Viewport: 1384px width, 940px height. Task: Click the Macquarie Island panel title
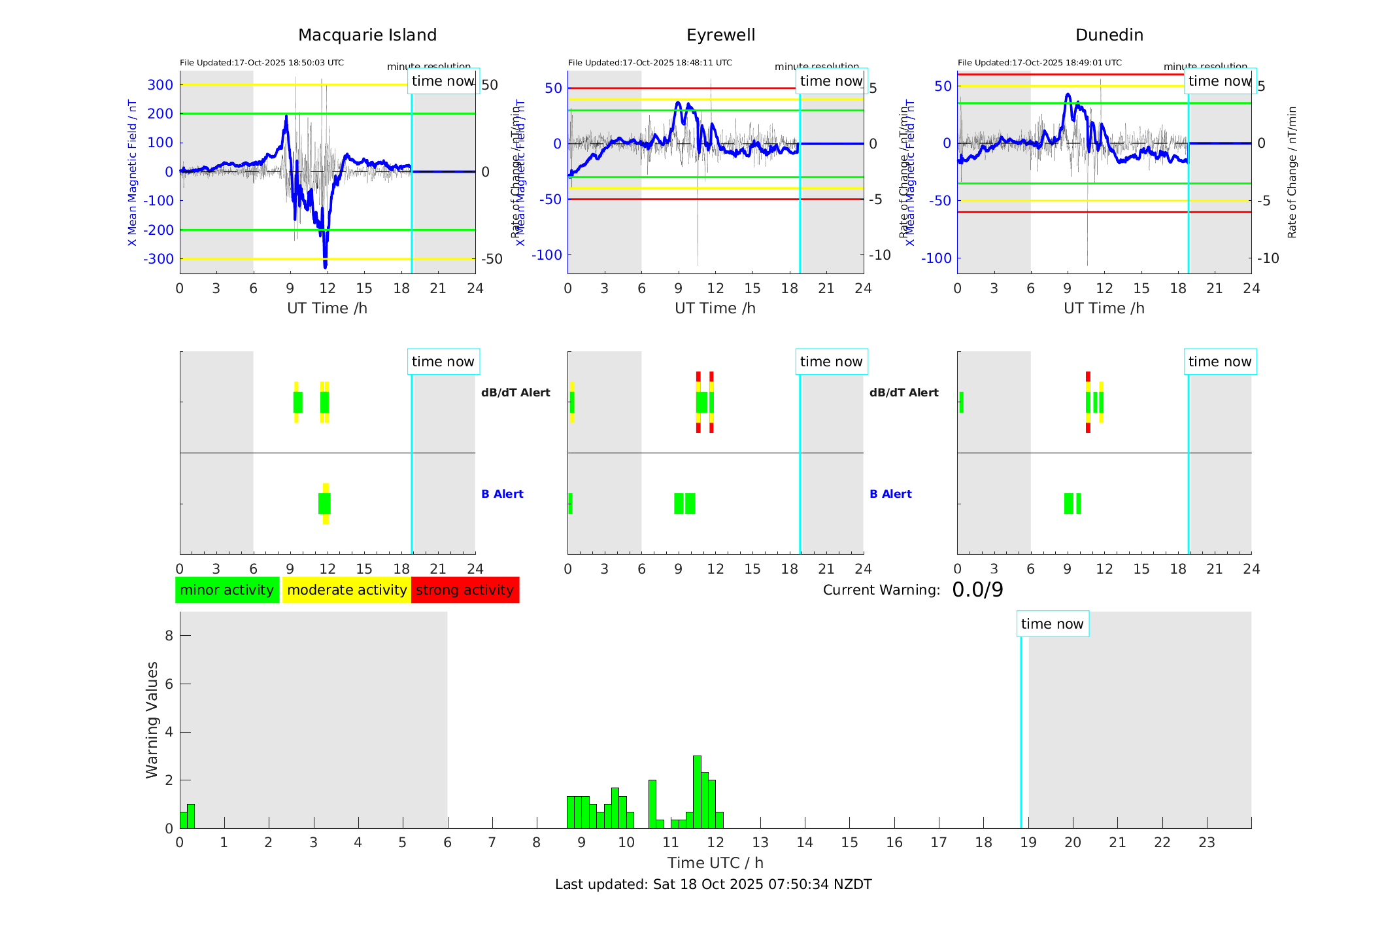367,35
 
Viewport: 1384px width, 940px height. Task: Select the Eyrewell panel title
720,35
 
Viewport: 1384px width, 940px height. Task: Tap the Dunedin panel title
1109,35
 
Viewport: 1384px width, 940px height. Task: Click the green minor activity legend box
227,590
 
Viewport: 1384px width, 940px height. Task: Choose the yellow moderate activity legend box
346,590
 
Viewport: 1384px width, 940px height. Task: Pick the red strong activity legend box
465,590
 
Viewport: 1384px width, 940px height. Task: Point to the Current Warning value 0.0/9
977,590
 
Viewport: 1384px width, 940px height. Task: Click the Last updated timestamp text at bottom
713,884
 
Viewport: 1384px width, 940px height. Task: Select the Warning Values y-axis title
152,720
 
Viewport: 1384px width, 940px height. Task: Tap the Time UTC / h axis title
715,863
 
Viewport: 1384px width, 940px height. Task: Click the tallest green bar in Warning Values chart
697,792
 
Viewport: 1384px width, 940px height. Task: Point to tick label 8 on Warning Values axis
169,635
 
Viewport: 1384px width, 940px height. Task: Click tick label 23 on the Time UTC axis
1206,843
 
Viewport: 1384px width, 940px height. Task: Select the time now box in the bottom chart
1052,624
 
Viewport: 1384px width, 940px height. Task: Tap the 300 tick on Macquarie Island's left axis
160,84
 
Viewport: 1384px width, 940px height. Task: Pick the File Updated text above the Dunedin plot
1039,63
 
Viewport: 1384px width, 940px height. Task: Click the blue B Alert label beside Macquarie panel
502,494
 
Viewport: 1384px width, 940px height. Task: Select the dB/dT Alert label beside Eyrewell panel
903,392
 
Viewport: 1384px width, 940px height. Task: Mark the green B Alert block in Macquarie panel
324,504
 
